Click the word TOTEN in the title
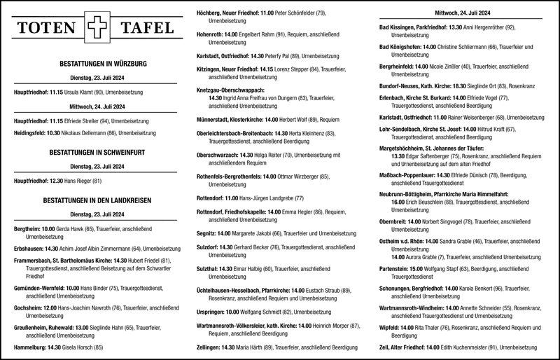(x=47, y=29)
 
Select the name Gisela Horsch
(x=77, y=347)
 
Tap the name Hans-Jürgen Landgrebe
(x=267, y=198)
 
